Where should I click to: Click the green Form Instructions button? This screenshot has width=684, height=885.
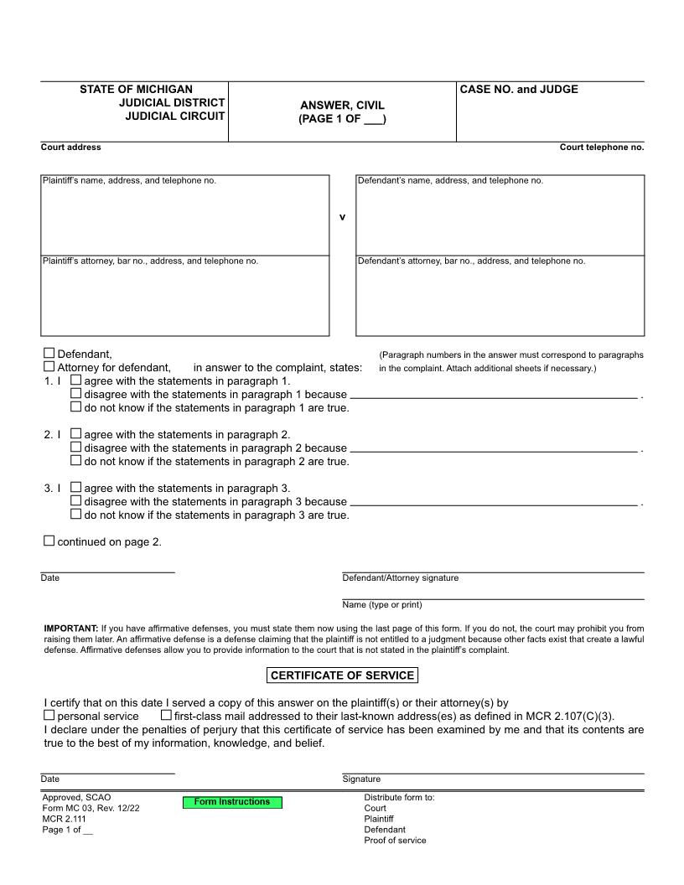click(232, 802)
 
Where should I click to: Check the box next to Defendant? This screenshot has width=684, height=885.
click(49, 354)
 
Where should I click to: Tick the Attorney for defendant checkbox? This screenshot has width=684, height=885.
click(49, 367)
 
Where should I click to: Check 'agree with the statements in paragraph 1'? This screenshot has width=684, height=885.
click(76, 380)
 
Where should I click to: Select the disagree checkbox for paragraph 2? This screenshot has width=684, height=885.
click(76, 448)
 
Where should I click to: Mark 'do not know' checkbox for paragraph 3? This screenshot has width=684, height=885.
click(76, 515)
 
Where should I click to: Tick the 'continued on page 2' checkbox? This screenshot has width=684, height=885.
click(49, 541)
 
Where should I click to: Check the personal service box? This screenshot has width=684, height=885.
click(49, 716)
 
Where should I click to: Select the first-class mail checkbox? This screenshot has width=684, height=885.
click(166, 716)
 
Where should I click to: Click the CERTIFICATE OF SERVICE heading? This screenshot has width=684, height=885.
click(342, 675)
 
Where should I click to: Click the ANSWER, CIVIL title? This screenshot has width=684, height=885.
click(342, 106)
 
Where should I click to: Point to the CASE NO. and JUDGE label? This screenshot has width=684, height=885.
click(519, 90)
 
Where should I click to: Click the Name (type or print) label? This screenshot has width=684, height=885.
click(382, 605)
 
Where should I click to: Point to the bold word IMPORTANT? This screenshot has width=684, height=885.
click(70, 628)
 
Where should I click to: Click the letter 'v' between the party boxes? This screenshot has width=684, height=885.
click(342, 217)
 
